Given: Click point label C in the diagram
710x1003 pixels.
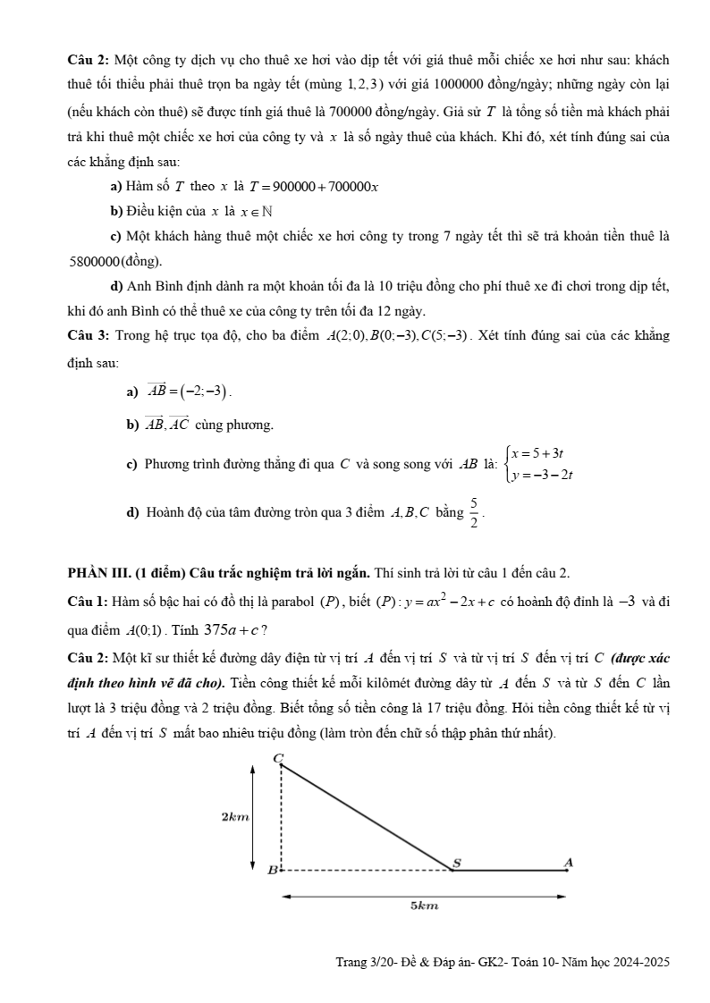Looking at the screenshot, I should [277, 758].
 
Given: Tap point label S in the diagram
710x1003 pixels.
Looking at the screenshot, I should [456, 862].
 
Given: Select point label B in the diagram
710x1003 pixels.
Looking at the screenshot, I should [273, 869].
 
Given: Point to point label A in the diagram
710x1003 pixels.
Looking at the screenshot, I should [567, 861].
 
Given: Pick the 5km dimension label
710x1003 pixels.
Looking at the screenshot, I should [424, 906].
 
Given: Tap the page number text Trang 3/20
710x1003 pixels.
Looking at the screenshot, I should [362, 963].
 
